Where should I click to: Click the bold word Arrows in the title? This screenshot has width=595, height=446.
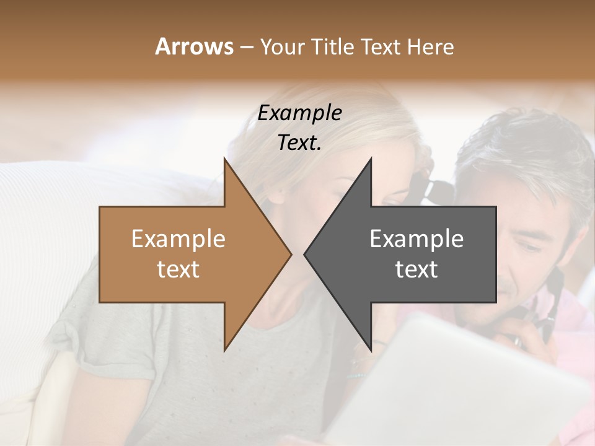[194, 46]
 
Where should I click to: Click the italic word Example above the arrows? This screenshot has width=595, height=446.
[300, 113]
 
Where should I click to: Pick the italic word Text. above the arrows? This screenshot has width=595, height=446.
[300, 143]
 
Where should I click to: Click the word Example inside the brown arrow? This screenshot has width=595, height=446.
[178, 239]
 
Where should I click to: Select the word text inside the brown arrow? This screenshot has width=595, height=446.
[178, 269]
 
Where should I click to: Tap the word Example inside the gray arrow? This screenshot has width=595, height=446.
[416, 239]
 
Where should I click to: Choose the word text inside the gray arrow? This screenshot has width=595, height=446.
[416, 269]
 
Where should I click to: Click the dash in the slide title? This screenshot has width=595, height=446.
[245, 47]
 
